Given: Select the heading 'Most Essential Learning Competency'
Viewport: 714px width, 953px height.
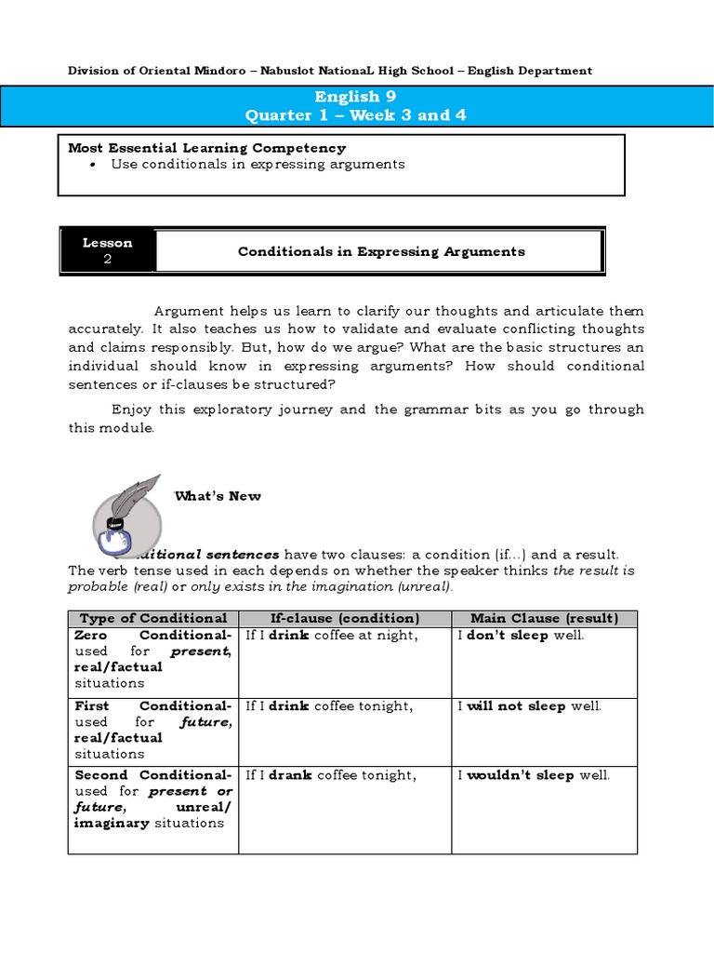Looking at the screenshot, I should (207, 148).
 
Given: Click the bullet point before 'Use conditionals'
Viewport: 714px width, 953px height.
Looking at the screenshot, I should (95, 164).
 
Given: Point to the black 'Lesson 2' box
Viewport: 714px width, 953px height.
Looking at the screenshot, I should (108, 251).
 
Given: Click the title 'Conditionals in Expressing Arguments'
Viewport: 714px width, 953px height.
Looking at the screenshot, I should (381, 251).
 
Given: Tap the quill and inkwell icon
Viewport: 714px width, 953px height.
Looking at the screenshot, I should (127, 517).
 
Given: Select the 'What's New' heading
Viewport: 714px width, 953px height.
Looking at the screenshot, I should (218, 496).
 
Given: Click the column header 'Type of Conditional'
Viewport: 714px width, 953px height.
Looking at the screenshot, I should (153, 618).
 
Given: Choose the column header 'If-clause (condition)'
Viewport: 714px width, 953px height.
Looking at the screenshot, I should (345, 618).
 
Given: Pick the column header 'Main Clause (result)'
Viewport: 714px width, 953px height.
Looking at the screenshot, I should (544, 618).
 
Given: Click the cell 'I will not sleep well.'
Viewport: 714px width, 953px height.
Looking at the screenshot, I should (530, 705).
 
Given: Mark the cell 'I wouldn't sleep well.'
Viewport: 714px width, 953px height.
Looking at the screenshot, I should (534, 775).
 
